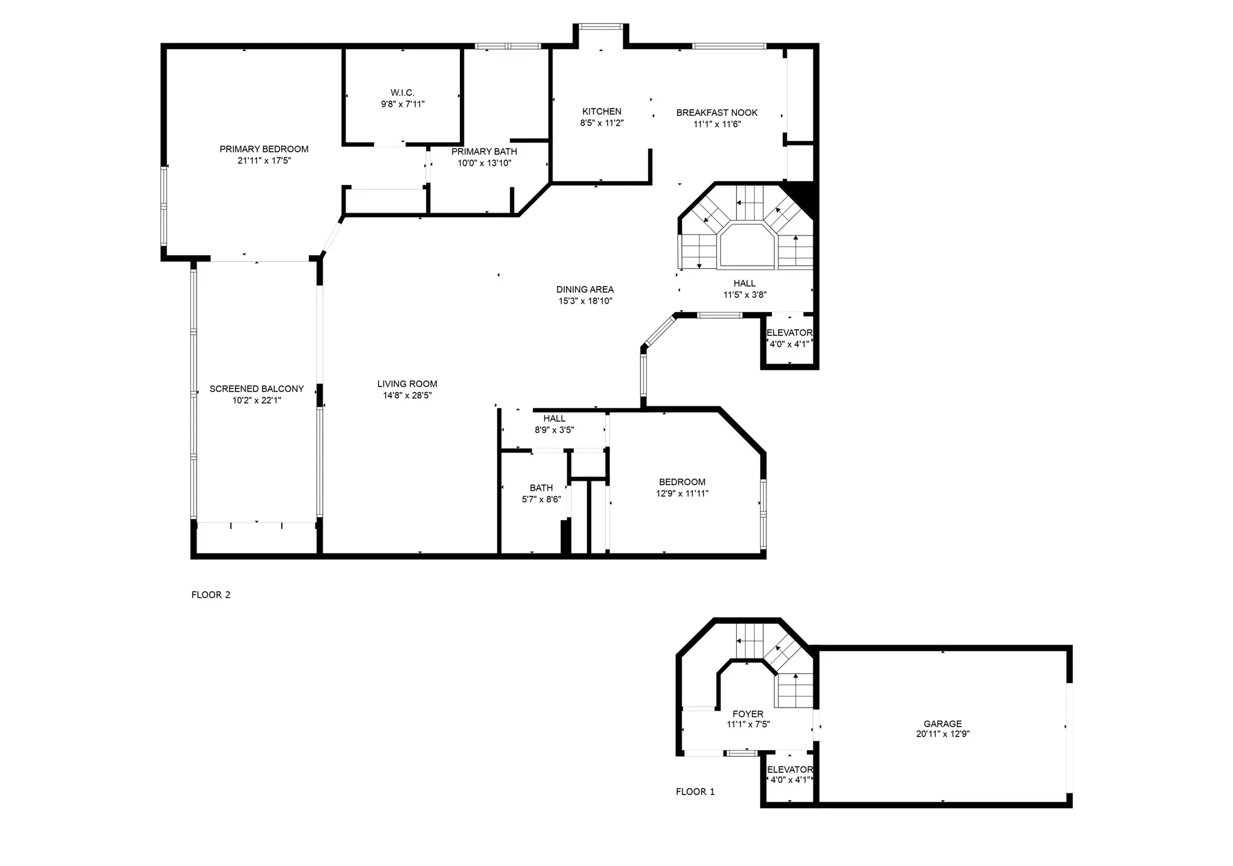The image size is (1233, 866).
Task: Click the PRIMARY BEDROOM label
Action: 264,149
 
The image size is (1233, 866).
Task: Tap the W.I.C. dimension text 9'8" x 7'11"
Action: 403,104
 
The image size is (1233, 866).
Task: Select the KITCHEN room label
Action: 602,112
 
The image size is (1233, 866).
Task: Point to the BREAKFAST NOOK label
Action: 716,113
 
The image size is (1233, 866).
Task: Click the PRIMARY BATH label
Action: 484,152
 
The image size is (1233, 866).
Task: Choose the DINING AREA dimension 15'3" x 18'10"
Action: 585,301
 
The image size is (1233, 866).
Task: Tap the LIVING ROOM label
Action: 407,384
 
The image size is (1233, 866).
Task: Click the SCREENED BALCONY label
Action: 256,389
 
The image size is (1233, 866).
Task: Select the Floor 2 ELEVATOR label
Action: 789,333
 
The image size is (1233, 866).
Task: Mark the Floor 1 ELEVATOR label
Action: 790,769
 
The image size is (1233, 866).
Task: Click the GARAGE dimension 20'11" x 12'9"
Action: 943,734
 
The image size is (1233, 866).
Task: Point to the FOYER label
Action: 748,714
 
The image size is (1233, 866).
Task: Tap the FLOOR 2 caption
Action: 211,595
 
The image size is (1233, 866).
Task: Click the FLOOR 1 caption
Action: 695,791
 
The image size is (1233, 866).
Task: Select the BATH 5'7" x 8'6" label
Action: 541,488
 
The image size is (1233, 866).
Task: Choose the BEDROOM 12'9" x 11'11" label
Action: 682,482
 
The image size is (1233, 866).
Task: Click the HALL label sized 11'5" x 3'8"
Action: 744,284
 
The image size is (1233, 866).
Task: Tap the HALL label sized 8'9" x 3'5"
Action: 554,419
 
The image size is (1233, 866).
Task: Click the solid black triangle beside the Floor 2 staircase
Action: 804,196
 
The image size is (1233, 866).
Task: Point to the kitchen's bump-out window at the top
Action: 601,27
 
